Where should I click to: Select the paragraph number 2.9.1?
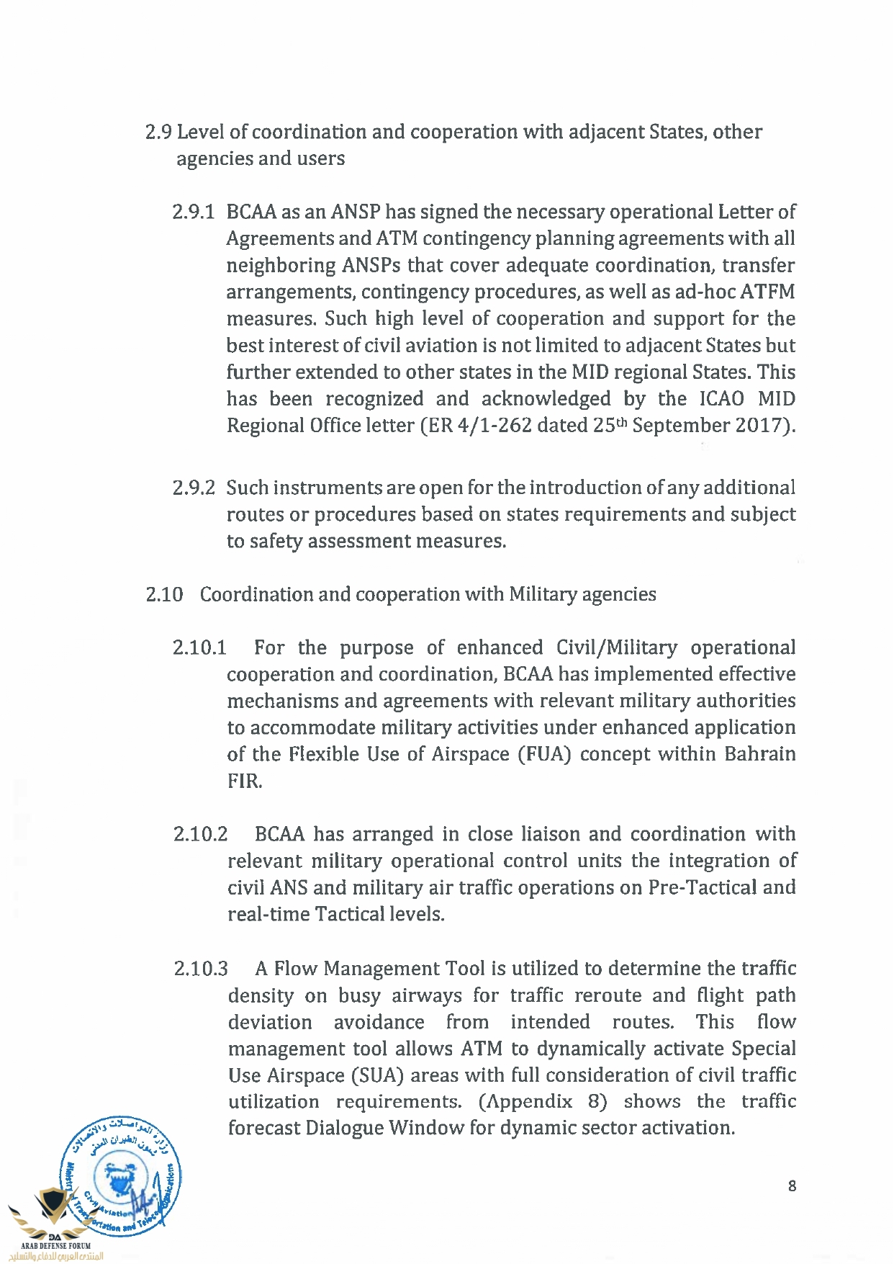pyautogui.click(x=193, y=212)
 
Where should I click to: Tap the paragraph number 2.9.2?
pyautogui.click(x=193, y=488)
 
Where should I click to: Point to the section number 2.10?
pyautogui.click(x=164, y=595)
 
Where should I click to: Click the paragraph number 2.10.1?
pyautogui.click(x=199, y=648)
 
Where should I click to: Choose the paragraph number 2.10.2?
pyautogui.click(x=200, y=835)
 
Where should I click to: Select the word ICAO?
pyautogui.click(x=722, y=399)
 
